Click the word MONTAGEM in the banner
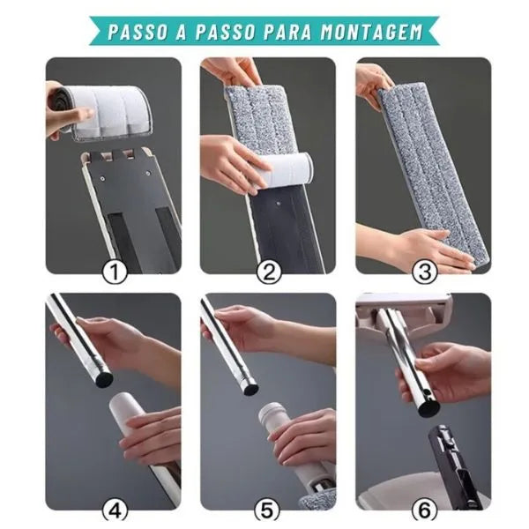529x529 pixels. click(371, 32)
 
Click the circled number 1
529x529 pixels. click(114, 272)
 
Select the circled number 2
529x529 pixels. click(269, 272)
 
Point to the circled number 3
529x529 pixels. click(424, 272)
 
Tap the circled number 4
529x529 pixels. click(114, 511)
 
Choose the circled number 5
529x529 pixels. click(268, 511)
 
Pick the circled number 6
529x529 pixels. click(424, 511)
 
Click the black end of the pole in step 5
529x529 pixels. click(250, 389)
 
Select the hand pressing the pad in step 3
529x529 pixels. click(436, 247)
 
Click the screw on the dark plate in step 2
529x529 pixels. click(278, 204)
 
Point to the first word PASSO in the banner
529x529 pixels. click(138, 32)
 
